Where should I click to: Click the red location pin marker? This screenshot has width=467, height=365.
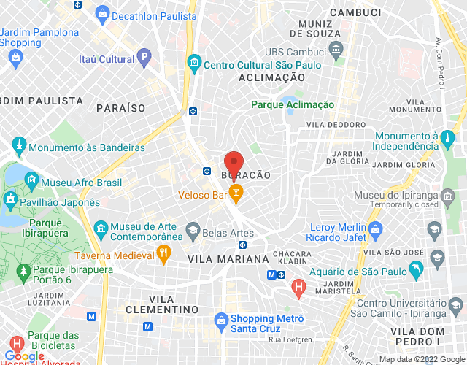point(233,162)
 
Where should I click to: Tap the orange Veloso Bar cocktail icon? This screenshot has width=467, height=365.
point(236,193)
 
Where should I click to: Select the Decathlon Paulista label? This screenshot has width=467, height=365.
point(155,15)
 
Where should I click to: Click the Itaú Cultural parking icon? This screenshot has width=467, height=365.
point(144,56)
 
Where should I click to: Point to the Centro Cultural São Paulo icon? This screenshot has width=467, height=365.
point(193,63)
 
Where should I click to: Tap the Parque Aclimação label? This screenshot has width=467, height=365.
point(293,105)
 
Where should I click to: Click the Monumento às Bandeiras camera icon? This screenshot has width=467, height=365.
point(18,147)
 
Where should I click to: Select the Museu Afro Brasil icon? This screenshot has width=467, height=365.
point(31,179)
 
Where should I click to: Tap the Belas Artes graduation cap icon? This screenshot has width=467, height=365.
point(192,232)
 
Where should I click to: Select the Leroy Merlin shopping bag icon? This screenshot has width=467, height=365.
point(376,232)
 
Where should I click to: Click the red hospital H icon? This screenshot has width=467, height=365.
point(298,288)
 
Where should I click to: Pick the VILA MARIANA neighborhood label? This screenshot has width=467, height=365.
point(228,259)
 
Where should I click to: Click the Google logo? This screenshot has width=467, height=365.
point(24,356)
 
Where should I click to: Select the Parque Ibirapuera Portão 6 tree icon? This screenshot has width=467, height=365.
point(23,270)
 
